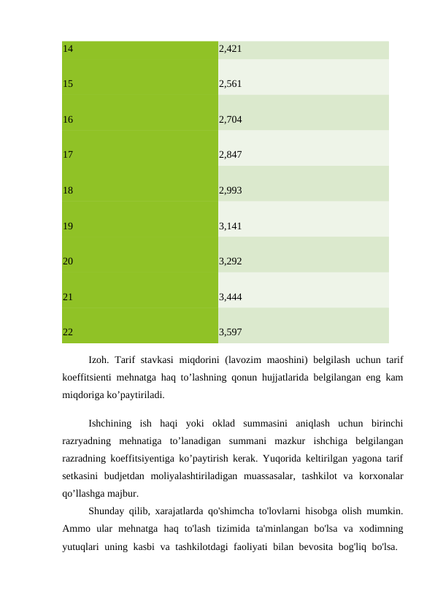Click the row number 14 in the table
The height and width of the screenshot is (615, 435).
(67, 50)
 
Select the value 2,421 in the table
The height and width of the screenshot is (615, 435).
(231, 50)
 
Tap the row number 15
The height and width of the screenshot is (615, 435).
(67, 84)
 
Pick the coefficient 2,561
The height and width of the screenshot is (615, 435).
(231, 84)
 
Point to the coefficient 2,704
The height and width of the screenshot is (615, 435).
(231, 119)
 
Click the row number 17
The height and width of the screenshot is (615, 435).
(67, 155)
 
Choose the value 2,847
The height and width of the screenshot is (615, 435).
(231, 155)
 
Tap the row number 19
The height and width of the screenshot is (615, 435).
(67, 226)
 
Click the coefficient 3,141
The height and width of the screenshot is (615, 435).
(231, 226)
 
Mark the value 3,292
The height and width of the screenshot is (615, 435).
(231, 261)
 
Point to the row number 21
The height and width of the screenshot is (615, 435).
(67, 297)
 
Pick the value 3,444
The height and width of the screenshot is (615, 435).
(231, 297)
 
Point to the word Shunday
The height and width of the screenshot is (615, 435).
(109, 511)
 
